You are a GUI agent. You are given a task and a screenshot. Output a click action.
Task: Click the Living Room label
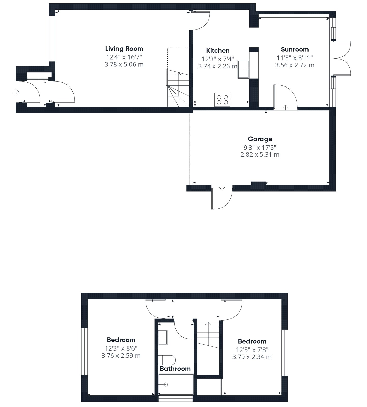pos(124,49)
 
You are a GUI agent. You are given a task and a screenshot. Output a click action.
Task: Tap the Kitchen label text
pos(218,50)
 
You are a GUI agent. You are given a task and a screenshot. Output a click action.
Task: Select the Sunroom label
pos(295,49)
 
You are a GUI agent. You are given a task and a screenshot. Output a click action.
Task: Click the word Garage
pos(260,139)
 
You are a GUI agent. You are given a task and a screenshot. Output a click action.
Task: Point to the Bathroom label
pos(175,369)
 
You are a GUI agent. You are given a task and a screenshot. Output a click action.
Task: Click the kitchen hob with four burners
pos(223,99)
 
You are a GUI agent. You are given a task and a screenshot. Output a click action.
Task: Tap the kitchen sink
pos(243,69)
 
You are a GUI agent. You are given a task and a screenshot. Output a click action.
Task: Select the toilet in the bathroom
pos(167,360)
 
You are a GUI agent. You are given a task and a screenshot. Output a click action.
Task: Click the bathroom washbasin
pos(163,338)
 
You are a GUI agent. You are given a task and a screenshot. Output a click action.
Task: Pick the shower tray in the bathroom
pos(176,384)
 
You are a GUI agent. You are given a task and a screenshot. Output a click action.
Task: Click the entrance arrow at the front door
pos(16,92)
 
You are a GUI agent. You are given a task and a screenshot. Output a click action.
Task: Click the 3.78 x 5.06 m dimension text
pos(124,64)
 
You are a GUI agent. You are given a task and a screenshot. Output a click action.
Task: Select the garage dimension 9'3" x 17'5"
pos(260,147)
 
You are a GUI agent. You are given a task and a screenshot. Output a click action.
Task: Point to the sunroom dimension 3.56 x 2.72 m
pos(295,65)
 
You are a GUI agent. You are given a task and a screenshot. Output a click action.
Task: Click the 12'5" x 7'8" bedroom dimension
pos(252,350)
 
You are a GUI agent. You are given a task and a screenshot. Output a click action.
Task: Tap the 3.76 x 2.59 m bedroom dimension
pos(121,356)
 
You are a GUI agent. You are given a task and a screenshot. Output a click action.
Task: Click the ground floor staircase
pos(178,89)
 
